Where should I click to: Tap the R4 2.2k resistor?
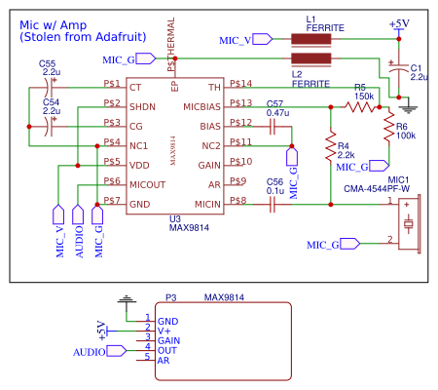[x=332, y=143]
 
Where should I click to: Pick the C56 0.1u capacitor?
[x=274, y=204]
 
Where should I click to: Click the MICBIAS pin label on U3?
[x=201, y=105]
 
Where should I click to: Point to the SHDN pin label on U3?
[x=143, y=105]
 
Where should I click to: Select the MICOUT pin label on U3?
[x=149, y=184]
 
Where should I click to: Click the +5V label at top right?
[x=398, y=22]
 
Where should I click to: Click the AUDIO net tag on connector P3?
[x=91, y=348]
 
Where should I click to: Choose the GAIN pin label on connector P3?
[x=168, y=339]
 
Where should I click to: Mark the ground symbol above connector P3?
[x=123, y=297]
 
